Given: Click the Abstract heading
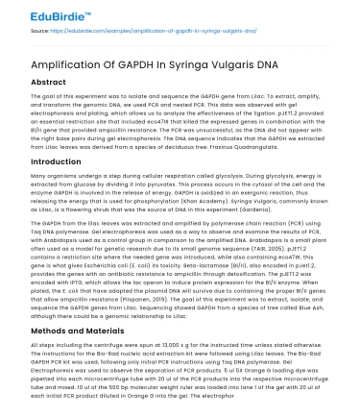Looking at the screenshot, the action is [x=35, y=83].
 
